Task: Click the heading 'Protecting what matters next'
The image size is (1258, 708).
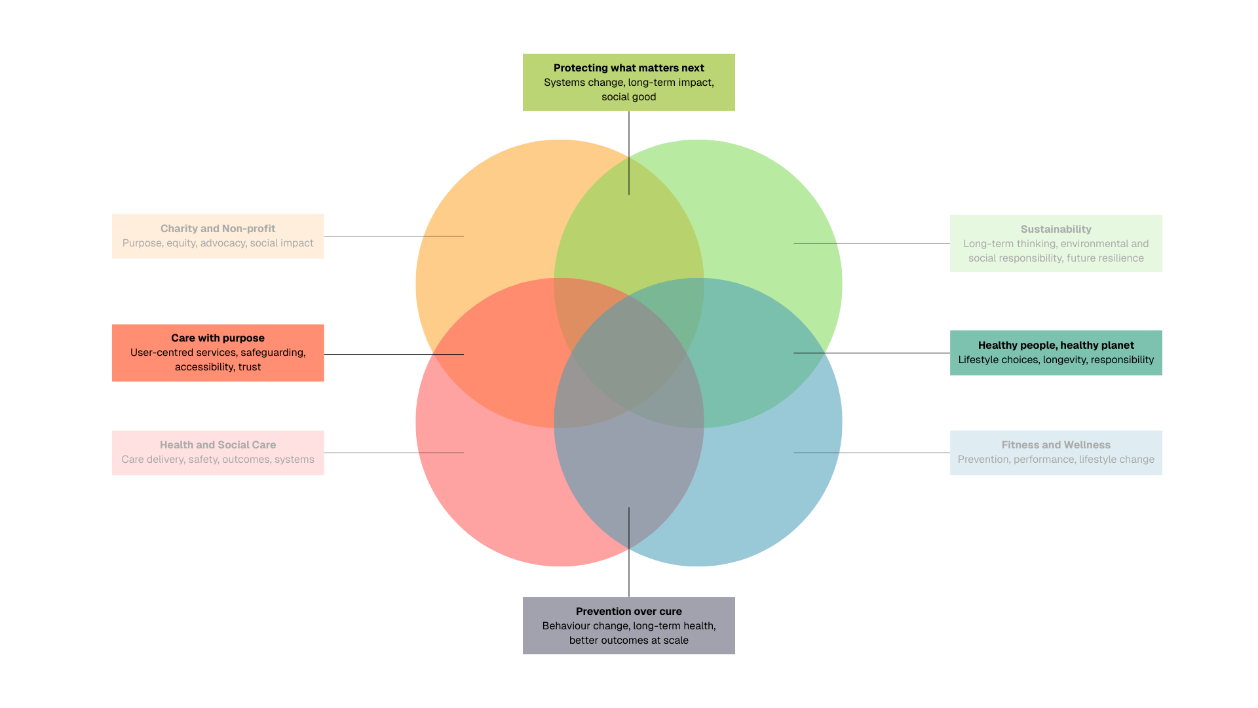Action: [x=628, y=68]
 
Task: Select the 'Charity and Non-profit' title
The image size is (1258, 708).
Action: [x=218, y=229]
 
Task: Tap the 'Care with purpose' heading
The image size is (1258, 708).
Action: [x=218, y=338]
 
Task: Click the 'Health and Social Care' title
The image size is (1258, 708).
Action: [x=218, y=445]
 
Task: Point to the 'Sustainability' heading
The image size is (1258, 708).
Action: [x=1056, y=229]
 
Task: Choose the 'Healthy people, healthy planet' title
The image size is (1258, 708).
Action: [x=1056, y=345]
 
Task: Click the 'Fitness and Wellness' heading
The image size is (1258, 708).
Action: [x=1056, y=445]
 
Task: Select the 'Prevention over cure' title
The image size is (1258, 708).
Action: [x=628, y=612]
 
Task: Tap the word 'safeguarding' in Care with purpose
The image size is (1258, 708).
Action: [x=273, y=353]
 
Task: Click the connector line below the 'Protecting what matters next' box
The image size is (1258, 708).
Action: [x=629, y=175]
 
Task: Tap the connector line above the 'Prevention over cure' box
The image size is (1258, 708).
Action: [x=629, y=528]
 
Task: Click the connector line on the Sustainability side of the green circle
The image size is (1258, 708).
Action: [x=815, y=244]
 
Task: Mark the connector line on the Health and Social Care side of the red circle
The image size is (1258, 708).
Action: [x=441, y=453]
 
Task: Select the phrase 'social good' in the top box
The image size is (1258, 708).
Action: [x=628, y=97]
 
